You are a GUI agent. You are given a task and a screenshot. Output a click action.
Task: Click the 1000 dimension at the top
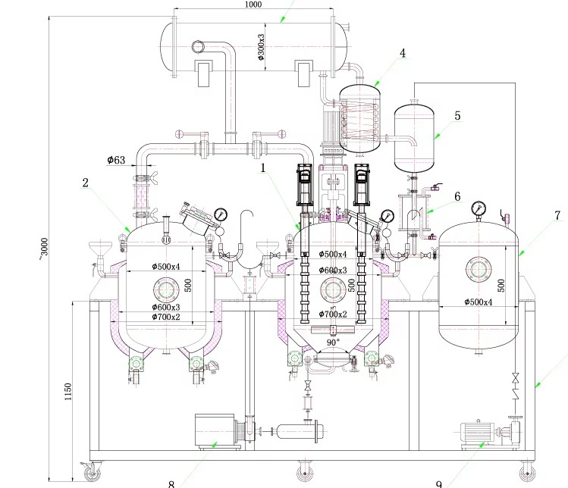coord(253,5)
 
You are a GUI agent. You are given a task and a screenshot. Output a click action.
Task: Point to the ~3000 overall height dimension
coord(44,246)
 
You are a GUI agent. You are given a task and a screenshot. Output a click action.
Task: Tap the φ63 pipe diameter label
coord(116,160)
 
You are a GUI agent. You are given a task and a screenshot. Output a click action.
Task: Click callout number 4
coord(403,53)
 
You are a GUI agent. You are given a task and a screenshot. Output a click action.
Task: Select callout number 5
coord(457,116)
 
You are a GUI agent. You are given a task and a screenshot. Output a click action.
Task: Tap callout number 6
coord(457,196)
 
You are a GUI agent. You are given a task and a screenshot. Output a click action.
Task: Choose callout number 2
coord(86,183)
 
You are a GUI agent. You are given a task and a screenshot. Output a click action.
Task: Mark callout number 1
coord(263,168)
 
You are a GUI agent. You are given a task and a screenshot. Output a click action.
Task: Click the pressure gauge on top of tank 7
coord(479,208)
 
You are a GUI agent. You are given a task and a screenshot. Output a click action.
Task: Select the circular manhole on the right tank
coord(479,271)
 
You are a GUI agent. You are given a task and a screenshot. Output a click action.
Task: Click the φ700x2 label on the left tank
coord(165,317)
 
